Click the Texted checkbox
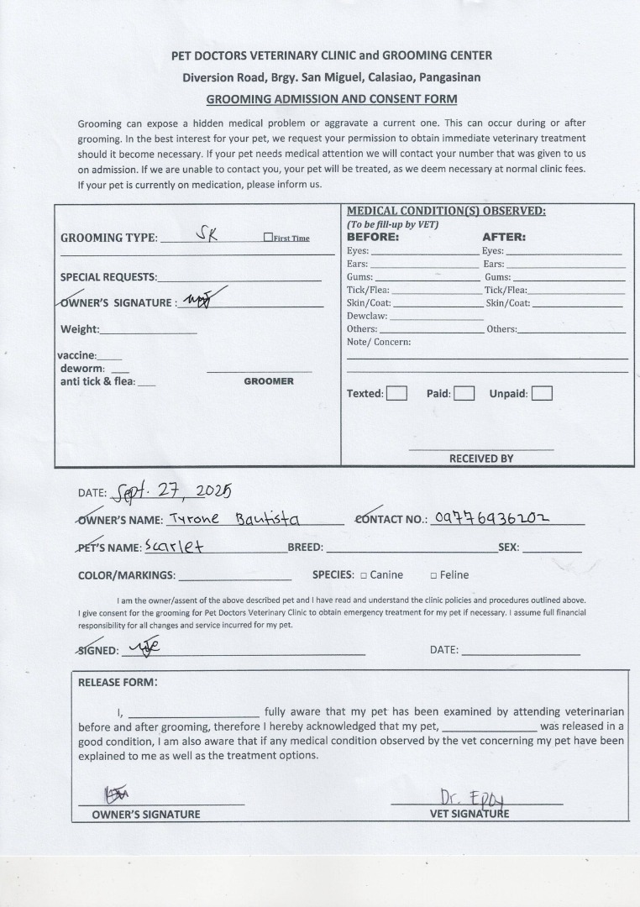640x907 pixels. click(x=396, y=393)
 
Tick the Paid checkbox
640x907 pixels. click(x=464, y=393)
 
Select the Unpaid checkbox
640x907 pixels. click(x=542, y=393)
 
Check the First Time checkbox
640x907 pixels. click(x=268, y=238)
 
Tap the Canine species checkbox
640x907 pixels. click(x=364, y=575)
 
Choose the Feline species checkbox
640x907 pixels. click(x=433, y=575)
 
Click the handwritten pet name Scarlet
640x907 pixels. click(x=174, y=546)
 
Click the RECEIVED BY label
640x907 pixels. click(x=480, y=459)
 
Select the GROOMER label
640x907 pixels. click(x=269, y=381)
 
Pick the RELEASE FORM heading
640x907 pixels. click(x=117, y=682)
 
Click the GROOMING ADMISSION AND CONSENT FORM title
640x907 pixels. click(x=332, y=98)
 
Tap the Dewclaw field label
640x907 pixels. click(x=367, y=316)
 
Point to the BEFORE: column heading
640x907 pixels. click(x=373, y=237)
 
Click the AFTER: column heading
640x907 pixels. click(x=503, y=237)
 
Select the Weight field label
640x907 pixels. click(x=79, y=329)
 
